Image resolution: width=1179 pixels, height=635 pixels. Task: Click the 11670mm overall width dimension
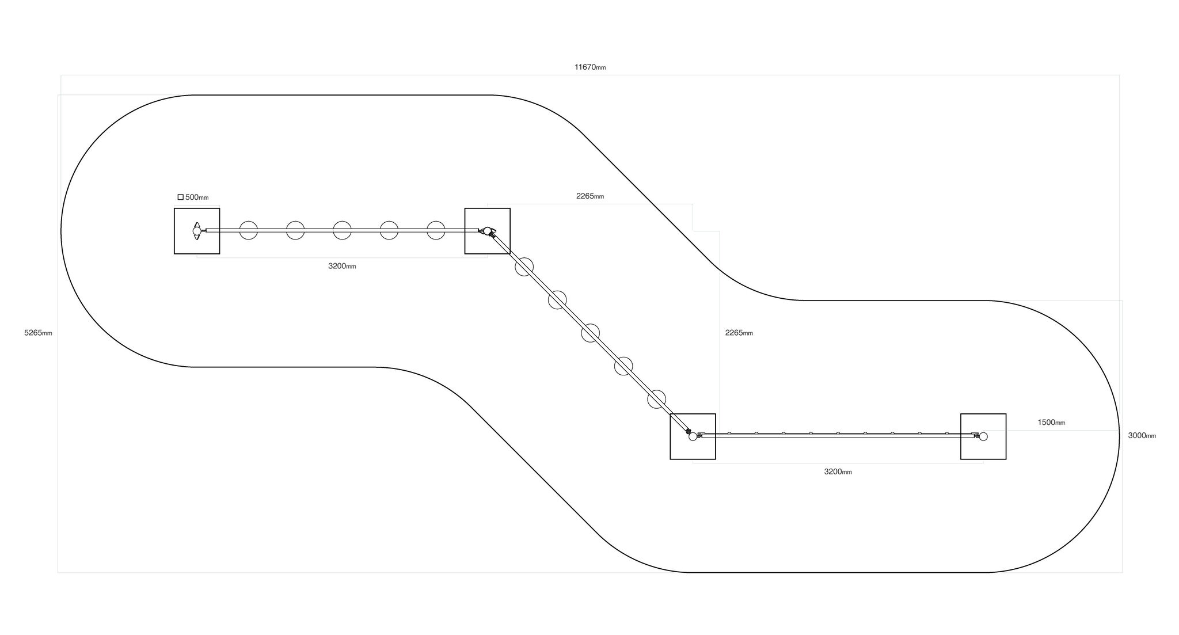coord(590,67)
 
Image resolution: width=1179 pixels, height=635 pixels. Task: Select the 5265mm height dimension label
coord(38,333)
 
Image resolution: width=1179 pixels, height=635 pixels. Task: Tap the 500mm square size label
coord(197,197)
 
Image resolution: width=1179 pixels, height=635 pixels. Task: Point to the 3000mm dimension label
coord(1142,436)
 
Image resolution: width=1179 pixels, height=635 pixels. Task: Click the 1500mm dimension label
coord(1051,423)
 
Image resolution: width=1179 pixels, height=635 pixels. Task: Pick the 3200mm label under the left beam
coord(342,266)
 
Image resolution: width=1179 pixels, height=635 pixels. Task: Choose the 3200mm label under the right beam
coord(838,472)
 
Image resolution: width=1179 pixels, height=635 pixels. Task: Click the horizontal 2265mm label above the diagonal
coord(590,196)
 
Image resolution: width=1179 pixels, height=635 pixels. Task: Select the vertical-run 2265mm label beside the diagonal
coord(739,333)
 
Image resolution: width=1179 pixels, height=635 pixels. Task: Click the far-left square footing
coord(197,231)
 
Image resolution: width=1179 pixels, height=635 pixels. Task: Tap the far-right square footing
coord(983,436)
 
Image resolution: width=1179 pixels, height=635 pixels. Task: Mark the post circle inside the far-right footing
coord(983,436)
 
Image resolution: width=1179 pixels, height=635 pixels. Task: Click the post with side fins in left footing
coord(197,231)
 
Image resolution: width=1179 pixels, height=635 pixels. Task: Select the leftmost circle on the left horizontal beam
coord(248,230)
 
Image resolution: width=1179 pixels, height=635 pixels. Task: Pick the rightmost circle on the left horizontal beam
coord(436,230)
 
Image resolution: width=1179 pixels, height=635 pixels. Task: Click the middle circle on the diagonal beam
coord(590,333)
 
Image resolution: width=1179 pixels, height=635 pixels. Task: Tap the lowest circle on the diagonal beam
coord(656,399)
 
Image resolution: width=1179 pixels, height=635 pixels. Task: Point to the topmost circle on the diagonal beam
coord(524,267)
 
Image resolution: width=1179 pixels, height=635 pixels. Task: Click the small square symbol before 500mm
coord(180,197)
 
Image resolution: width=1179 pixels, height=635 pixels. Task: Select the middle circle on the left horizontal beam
coord(342,230)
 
